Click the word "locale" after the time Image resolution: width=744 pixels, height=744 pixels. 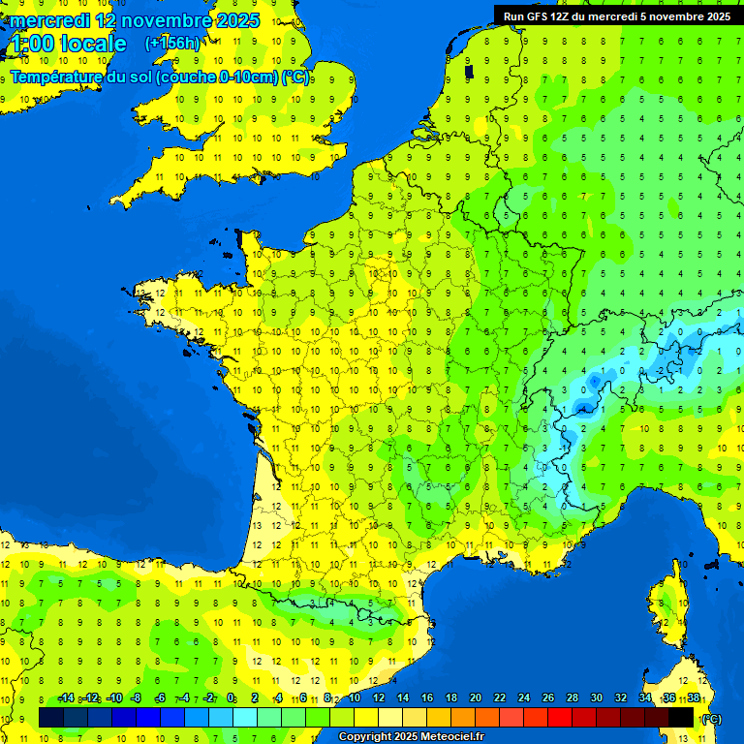pyautogui.click(x=93, y=44)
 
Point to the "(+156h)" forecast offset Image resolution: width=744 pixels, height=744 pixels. pyautogui.click(x=172, y=44)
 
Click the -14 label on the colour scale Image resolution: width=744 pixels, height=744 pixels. pyautogui.click(x=66, y=698)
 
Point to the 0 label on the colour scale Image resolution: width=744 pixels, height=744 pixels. pyautogui.click(x=231, y=698)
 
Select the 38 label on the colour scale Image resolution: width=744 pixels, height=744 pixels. pyautogui.click(x=693, y=698)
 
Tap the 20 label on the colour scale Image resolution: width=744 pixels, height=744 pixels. pyautogui.click(x=475, y=698)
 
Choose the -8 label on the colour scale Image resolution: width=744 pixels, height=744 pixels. pyautogui.click(x=138, y=698)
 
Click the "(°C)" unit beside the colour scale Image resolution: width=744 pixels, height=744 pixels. pyautogui.click(x=711, y=718)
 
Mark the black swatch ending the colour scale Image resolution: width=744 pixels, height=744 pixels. pyautogui.click(x=681, y=717)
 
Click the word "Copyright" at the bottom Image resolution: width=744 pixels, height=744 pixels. pyautogui.click(x=364, y=737)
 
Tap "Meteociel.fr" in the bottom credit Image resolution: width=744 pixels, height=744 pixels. pyautogui.click(x=451, y=737)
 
